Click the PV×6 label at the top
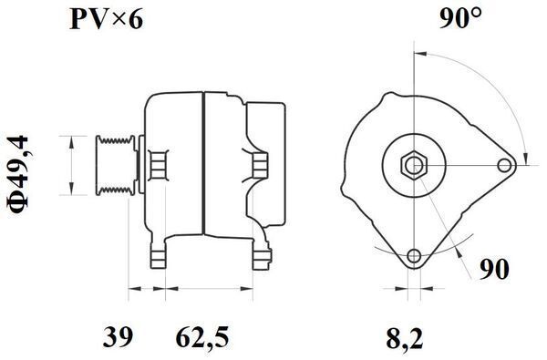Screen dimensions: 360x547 [x=108, y=20]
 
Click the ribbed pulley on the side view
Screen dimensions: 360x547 [x=116, y=164]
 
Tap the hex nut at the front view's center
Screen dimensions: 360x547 [x=414, y=165]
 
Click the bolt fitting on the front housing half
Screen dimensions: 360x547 [x=158, y=164]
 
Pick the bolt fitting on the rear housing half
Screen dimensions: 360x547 [x=260, y=164]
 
